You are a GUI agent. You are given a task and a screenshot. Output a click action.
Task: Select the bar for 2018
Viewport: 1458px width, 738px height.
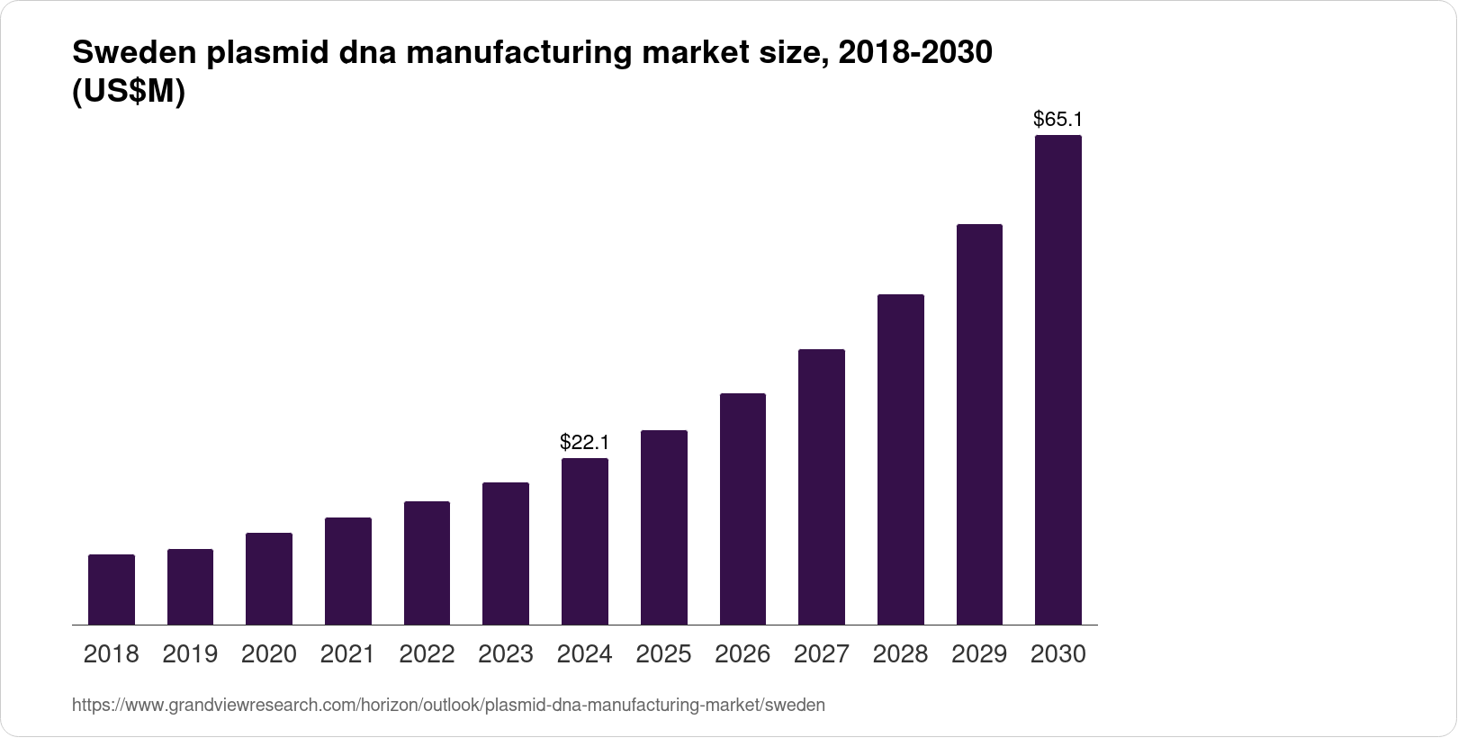112,589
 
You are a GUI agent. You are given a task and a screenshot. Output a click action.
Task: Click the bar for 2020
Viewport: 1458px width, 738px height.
269,579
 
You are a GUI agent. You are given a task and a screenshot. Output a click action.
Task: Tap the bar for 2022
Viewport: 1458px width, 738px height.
427,562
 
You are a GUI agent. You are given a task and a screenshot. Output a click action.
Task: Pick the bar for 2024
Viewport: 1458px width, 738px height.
585,541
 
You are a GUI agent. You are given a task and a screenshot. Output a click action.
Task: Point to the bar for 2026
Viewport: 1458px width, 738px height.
742,508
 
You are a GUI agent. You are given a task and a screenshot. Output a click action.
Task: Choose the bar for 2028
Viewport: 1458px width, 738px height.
900,459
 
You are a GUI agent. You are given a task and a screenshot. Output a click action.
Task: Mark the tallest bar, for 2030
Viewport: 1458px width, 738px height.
1058,380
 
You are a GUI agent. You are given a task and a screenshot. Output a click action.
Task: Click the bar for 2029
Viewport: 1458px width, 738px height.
979,424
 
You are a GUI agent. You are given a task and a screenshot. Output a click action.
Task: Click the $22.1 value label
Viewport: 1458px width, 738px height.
585,442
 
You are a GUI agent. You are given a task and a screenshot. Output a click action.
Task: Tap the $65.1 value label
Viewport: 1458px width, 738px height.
1057,119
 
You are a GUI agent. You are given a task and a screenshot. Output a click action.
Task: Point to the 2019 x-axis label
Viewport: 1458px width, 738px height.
190,654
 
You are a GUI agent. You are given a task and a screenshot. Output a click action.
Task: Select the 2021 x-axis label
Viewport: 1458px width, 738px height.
347,654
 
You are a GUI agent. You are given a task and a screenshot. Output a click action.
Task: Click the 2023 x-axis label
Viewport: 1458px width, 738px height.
506,654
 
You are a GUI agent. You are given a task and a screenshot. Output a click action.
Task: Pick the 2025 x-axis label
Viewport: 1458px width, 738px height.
663,654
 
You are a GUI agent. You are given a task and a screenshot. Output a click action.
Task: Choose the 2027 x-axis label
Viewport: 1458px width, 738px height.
822,654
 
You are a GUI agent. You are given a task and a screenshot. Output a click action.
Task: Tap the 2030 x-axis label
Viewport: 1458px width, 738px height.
1057,654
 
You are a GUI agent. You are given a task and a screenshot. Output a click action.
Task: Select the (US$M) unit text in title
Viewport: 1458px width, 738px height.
128,92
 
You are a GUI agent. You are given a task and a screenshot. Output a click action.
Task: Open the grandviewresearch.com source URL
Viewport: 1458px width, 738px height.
448,706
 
